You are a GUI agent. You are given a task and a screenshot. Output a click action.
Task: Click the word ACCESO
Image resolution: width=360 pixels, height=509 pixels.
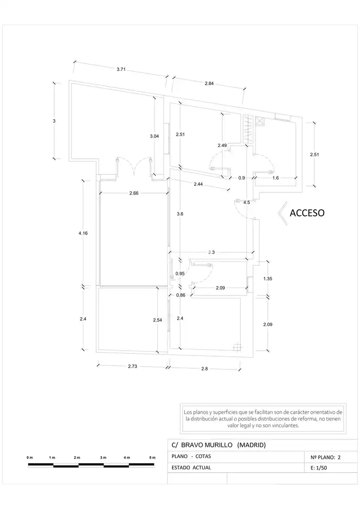(x=307, y=213)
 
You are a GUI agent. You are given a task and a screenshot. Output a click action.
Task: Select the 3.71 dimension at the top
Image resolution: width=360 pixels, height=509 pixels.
(x=121, y=69)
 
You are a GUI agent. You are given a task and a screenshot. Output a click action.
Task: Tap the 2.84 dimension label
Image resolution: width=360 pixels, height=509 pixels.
(x=209, y=83)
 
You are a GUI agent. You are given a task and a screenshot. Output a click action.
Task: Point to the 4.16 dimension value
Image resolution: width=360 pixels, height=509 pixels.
(x=83, y=233)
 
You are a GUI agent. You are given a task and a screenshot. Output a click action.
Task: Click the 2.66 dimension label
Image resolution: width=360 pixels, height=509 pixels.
(x=134, y=193)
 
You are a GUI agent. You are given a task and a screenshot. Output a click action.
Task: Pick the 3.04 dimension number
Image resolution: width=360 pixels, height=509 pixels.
(x=155, y=136)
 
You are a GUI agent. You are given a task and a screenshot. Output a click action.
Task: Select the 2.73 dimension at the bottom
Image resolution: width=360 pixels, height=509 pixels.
(x=132, y=366)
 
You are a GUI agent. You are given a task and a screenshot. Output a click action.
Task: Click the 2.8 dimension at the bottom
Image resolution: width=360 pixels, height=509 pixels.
(x=205, y=369)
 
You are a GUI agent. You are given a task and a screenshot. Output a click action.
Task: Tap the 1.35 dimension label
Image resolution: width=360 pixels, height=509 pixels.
(x=268, y=279)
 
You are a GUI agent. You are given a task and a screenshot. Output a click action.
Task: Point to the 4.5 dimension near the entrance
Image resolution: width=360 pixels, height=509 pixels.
(x=247, y=203)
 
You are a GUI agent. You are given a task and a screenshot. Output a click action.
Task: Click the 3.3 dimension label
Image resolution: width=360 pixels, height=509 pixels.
(x=211, y=252)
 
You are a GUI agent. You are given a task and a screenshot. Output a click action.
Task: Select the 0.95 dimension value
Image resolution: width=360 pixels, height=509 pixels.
(x=180, y=274)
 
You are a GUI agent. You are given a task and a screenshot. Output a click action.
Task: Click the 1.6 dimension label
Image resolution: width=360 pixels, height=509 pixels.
(x=276, y=178)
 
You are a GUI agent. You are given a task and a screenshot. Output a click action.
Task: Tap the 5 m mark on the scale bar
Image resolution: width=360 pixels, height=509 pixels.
(x=152, y=458)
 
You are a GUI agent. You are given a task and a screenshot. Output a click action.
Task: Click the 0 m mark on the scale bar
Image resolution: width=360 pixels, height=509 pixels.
(x=30, y=458)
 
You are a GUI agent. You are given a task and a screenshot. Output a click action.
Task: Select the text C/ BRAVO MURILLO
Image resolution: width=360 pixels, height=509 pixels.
(x=202, y=445)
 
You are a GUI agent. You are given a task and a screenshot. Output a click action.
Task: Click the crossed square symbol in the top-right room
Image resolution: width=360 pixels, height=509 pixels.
(x=260, y=121)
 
